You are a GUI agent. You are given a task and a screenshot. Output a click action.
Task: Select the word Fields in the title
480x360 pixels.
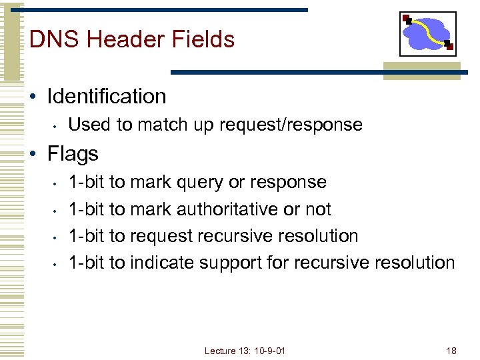point(205,39)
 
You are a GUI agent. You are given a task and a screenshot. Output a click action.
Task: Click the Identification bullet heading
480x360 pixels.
point(106,97)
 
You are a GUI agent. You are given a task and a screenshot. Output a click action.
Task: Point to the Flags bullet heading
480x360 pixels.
point(73,154)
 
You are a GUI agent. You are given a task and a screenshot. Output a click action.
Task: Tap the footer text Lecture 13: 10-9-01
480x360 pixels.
point(245,351)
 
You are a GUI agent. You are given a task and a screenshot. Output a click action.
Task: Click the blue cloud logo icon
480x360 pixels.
point(427,33)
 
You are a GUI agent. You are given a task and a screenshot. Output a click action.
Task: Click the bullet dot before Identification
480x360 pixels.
point(34,97)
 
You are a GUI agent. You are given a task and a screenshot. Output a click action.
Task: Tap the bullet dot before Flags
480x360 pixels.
point(34,155)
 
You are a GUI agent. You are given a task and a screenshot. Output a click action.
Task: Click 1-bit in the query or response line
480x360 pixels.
point(87,183)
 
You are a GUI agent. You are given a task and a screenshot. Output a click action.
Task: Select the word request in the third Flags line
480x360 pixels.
point(159,236)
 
